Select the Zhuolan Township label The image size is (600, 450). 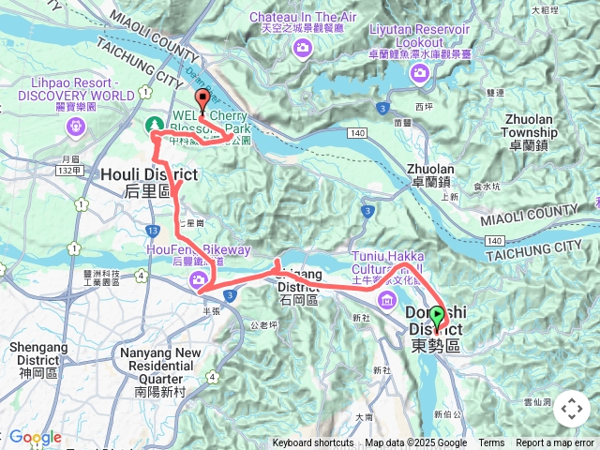tap(530, 127)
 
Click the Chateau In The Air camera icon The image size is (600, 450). tap(302, 48)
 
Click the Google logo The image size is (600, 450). tap(35, 438)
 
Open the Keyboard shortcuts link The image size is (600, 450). tap(313, 443)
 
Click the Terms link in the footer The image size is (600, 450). tap(491, 443)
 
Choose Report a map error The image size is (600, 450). tap(555, 443)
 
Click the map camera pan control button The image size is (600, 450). tap(572, 409)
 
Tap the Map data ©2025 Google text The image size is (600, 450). tap(416, 443)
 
